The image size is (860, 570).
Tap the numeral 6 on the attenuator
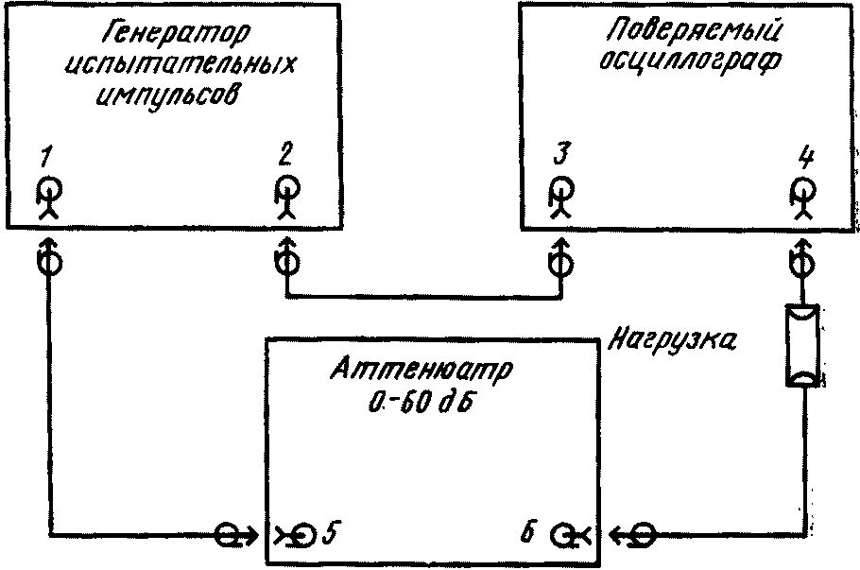(x=531, y=533)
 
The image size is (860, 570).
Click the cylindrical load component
(x=803, y=346)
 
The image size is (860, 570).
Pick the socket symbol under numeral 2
(x=284, y=196)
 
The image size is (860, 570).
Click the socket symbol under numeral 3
(x=559, y=196)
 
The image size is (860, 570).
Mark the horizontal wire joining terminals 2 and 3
(x=421, y=299)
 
